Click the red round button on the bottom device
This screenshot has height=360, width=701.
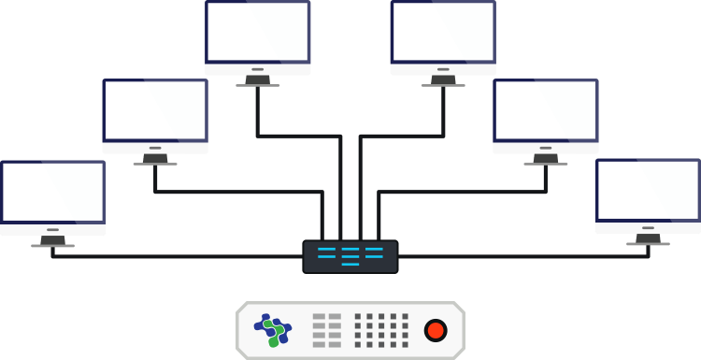(436, 330)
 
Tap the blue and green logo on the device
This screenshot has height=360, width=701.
(273, 329)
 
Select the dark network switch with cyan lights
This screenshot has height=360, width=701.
(350, 256)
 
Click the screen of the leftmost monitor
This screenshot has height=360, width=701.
(52, 193)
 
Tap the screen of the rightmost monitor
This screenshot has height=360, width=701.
(648, 191)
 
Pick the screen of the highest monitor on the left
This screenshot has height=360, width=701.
(258, 32)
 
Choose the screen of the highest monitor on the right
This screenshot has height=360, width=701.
(443, 32)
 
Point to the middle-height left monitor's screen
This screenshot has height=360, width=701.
(155, 110)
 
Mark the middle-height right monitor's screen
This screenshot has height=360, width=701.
(546, 110)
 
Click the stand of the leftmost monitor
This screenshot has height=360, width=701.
(52, 241)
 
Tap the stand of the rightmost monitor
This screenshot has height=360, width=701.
(648, 239)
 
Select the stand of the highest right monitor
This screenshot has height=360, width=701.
(443, 81)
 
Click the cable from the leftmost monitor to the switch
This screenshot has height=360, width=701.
(178, 255)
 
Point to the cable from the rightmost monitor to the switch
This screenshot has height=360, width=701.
(523, 255)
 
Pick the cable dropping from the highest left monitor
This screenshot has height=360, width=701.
(257, 112)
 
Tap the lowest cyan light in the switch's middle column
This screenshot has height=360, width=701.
(350, 264)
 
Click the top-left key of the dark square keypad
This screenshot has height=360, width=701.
(358, 317)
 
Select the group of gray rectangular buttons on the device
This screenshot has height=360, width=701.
(327, 330)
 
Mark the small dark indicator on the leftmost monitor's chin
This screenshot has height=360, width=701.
(52, 228)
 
